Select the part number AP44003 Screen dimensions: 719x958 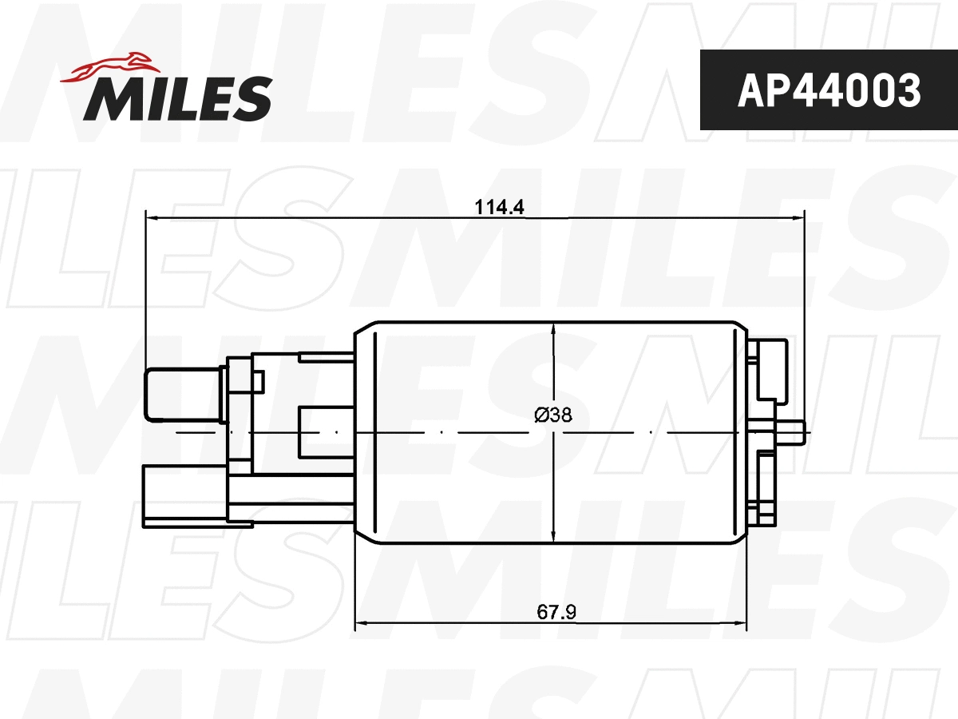pos(828,90)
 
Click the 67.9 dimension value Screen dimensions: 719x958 pos(556,613)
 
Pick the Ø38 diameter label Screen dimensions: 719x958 pos(552,415)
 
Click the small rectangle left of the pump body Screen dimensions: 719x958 pos(325,433)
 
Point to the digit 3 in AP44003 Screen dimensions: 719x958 pos(908,90)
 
